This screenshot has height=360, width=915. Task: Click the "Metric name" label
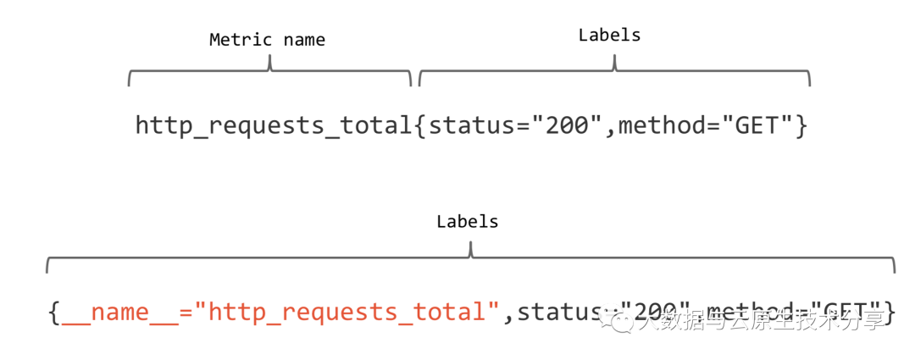click(267, 40)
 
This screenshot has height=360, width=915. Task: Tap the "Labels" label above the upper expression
click(609, 35)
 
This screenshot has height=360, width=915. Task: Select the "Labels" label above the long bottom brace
click(467, 222)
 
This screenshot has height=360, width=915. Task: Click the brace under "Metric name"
click(269, 75)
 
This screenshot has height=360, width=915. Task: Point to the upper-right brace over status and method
click(614, 75)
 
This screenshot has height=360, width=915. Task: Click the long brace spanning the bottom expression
click(470, 259)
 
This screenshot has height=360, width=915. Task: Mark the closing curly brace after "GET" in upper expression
click(801, 126)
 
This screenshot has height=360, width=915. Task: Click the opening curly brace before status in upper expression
click(421, 126)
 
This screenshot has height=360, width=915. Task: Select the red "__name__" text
click(119, 313)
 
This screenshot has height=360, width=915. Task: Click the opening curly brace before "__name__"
click(53, 313)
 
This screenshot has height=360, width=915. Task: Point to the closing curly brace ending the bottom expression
click(890, 313)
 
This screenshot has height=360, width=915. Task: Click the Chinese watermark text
click(762, 320)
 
